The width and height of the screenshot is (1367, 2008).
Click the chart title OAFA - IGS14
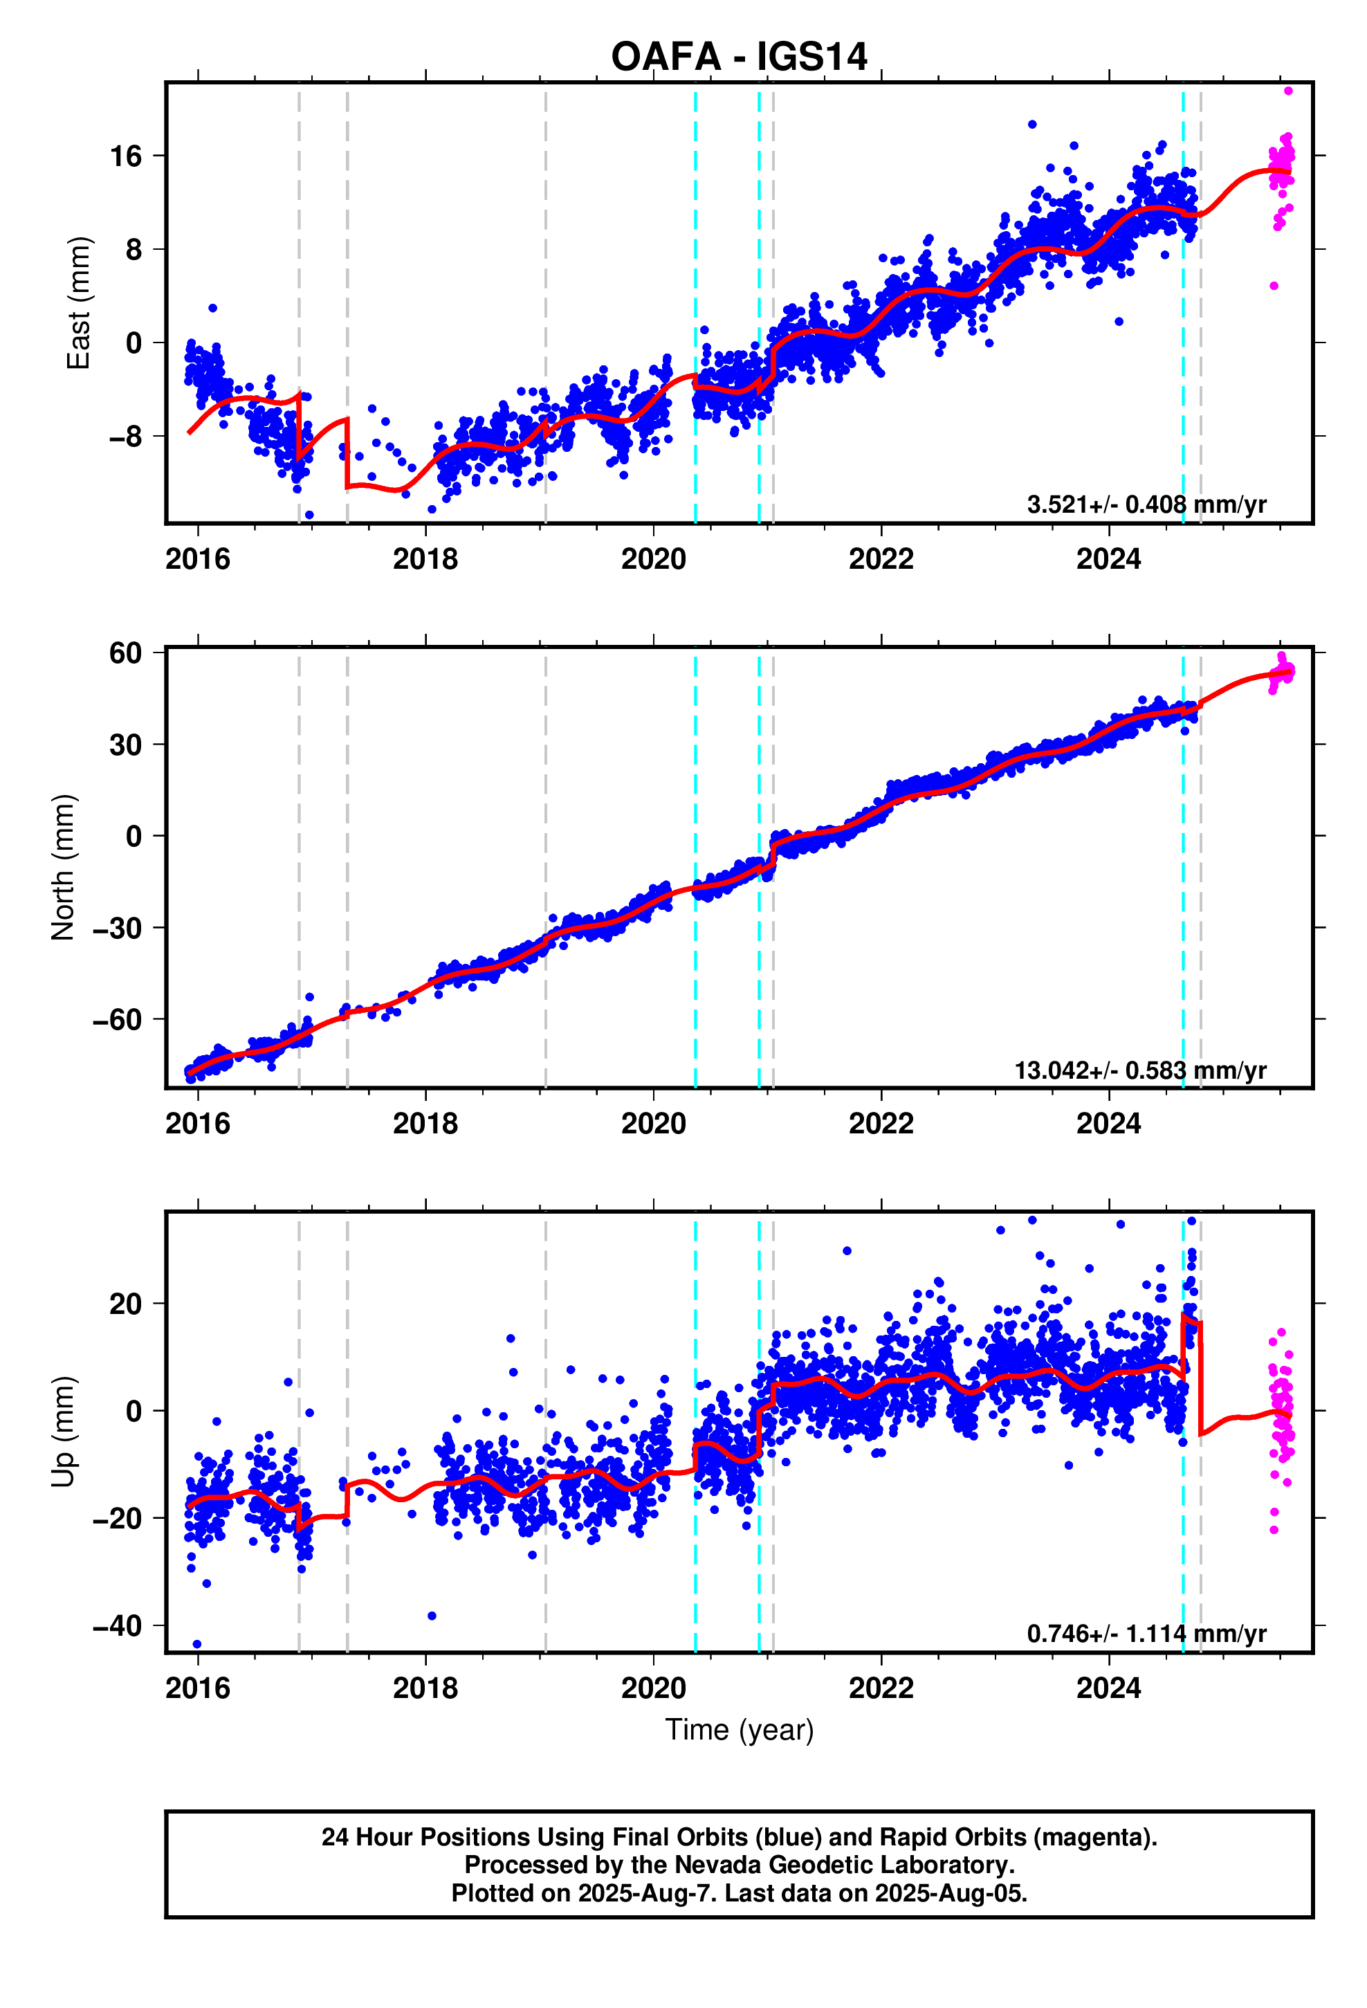point(738,57)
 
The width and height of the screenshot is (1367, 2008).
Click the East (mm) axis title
point(79,302)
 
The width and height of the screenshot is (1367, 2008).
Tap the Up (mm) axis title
point(63,1431)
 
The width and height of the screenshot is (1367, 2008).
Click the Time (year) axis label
point(739,1730)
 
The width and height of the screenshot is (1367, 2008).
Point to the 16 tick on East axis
point(125,156)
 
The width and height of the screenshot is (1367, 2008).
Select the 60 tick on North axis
point(125,653)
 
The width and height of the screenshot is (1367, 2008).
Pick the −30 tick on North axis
point(118,928)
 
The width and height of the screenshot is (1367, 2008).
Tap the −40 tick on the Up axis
point(118,1626)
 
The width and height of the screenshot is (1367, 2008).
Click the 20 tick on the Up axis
point(125,1304)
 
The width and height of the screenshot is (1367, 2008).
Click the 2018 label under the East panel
point(425,559)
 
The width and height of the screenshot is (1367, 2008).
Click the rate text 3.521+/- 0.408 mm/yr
point(1146,504)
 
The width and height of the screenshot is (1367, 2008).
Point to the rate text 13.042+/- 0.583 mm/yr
point(1139,1070)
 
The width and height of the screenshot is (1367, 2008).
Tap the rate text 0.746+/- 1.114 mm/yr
point(1146,1634)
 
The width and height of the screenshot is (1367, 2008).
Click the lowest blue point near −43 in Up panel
point(197,1644)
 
